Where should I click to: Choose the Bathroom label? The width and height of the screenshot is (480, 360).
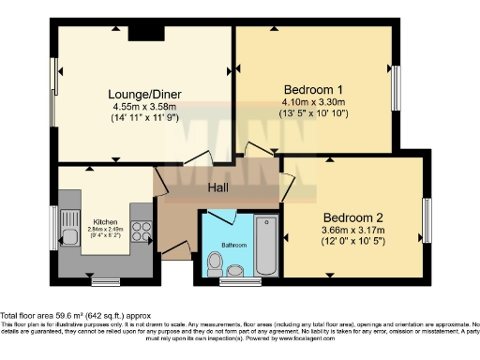coord(233,245)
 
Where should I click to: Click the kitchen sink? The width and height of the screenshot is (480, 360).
coord(67,229)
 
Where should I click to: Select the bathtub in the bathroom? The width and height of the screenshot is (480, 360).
coord(266,246)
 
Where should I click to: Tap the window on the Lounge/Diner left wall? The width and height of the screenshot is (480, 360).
coord(54,86)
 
